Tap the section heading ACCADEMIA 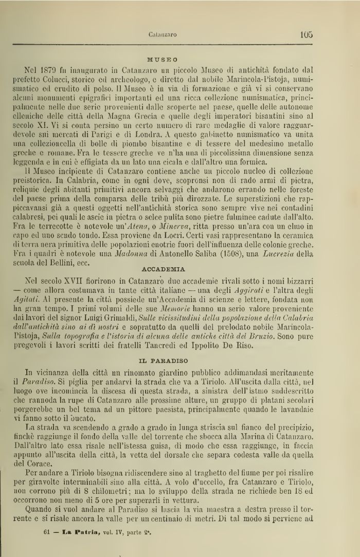tap(166, 269)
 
